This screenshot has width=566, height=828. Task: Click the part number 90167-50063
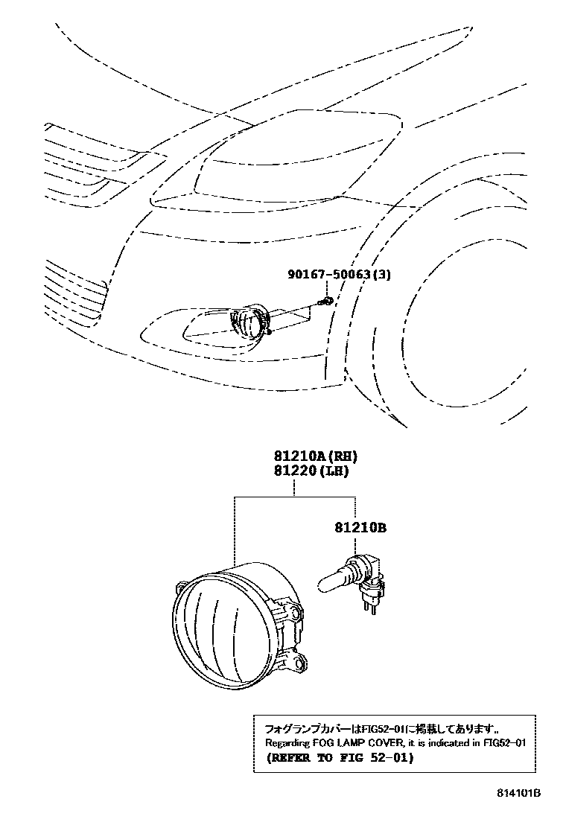coord(329,275)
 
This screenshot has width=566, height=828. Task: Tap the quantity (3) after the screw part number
coord(381,275)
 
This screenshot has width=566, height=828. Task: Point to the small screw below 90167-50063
coord(325,301)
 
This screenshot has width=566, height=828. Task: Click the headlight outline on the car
coord(298,160)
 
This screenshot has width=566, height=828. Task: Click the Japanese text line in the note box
coord(378,727)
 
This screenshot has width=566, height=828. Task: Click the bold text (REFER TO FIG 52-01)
coord(339,759)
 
